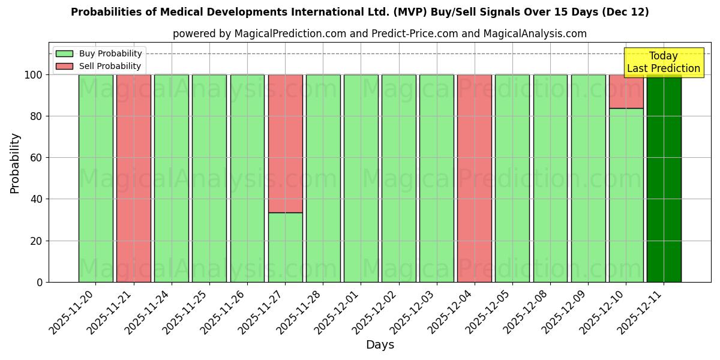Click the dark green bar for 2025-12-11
(664, 180)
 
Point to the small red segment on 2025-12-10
(626, 91)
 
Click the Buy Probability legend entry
(98, 53)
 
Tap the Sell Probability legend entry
(98, 66)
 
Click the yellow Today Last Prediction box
(663, 62)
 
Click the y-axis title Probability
(15, 163)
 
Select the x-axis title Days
(380, 345)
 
